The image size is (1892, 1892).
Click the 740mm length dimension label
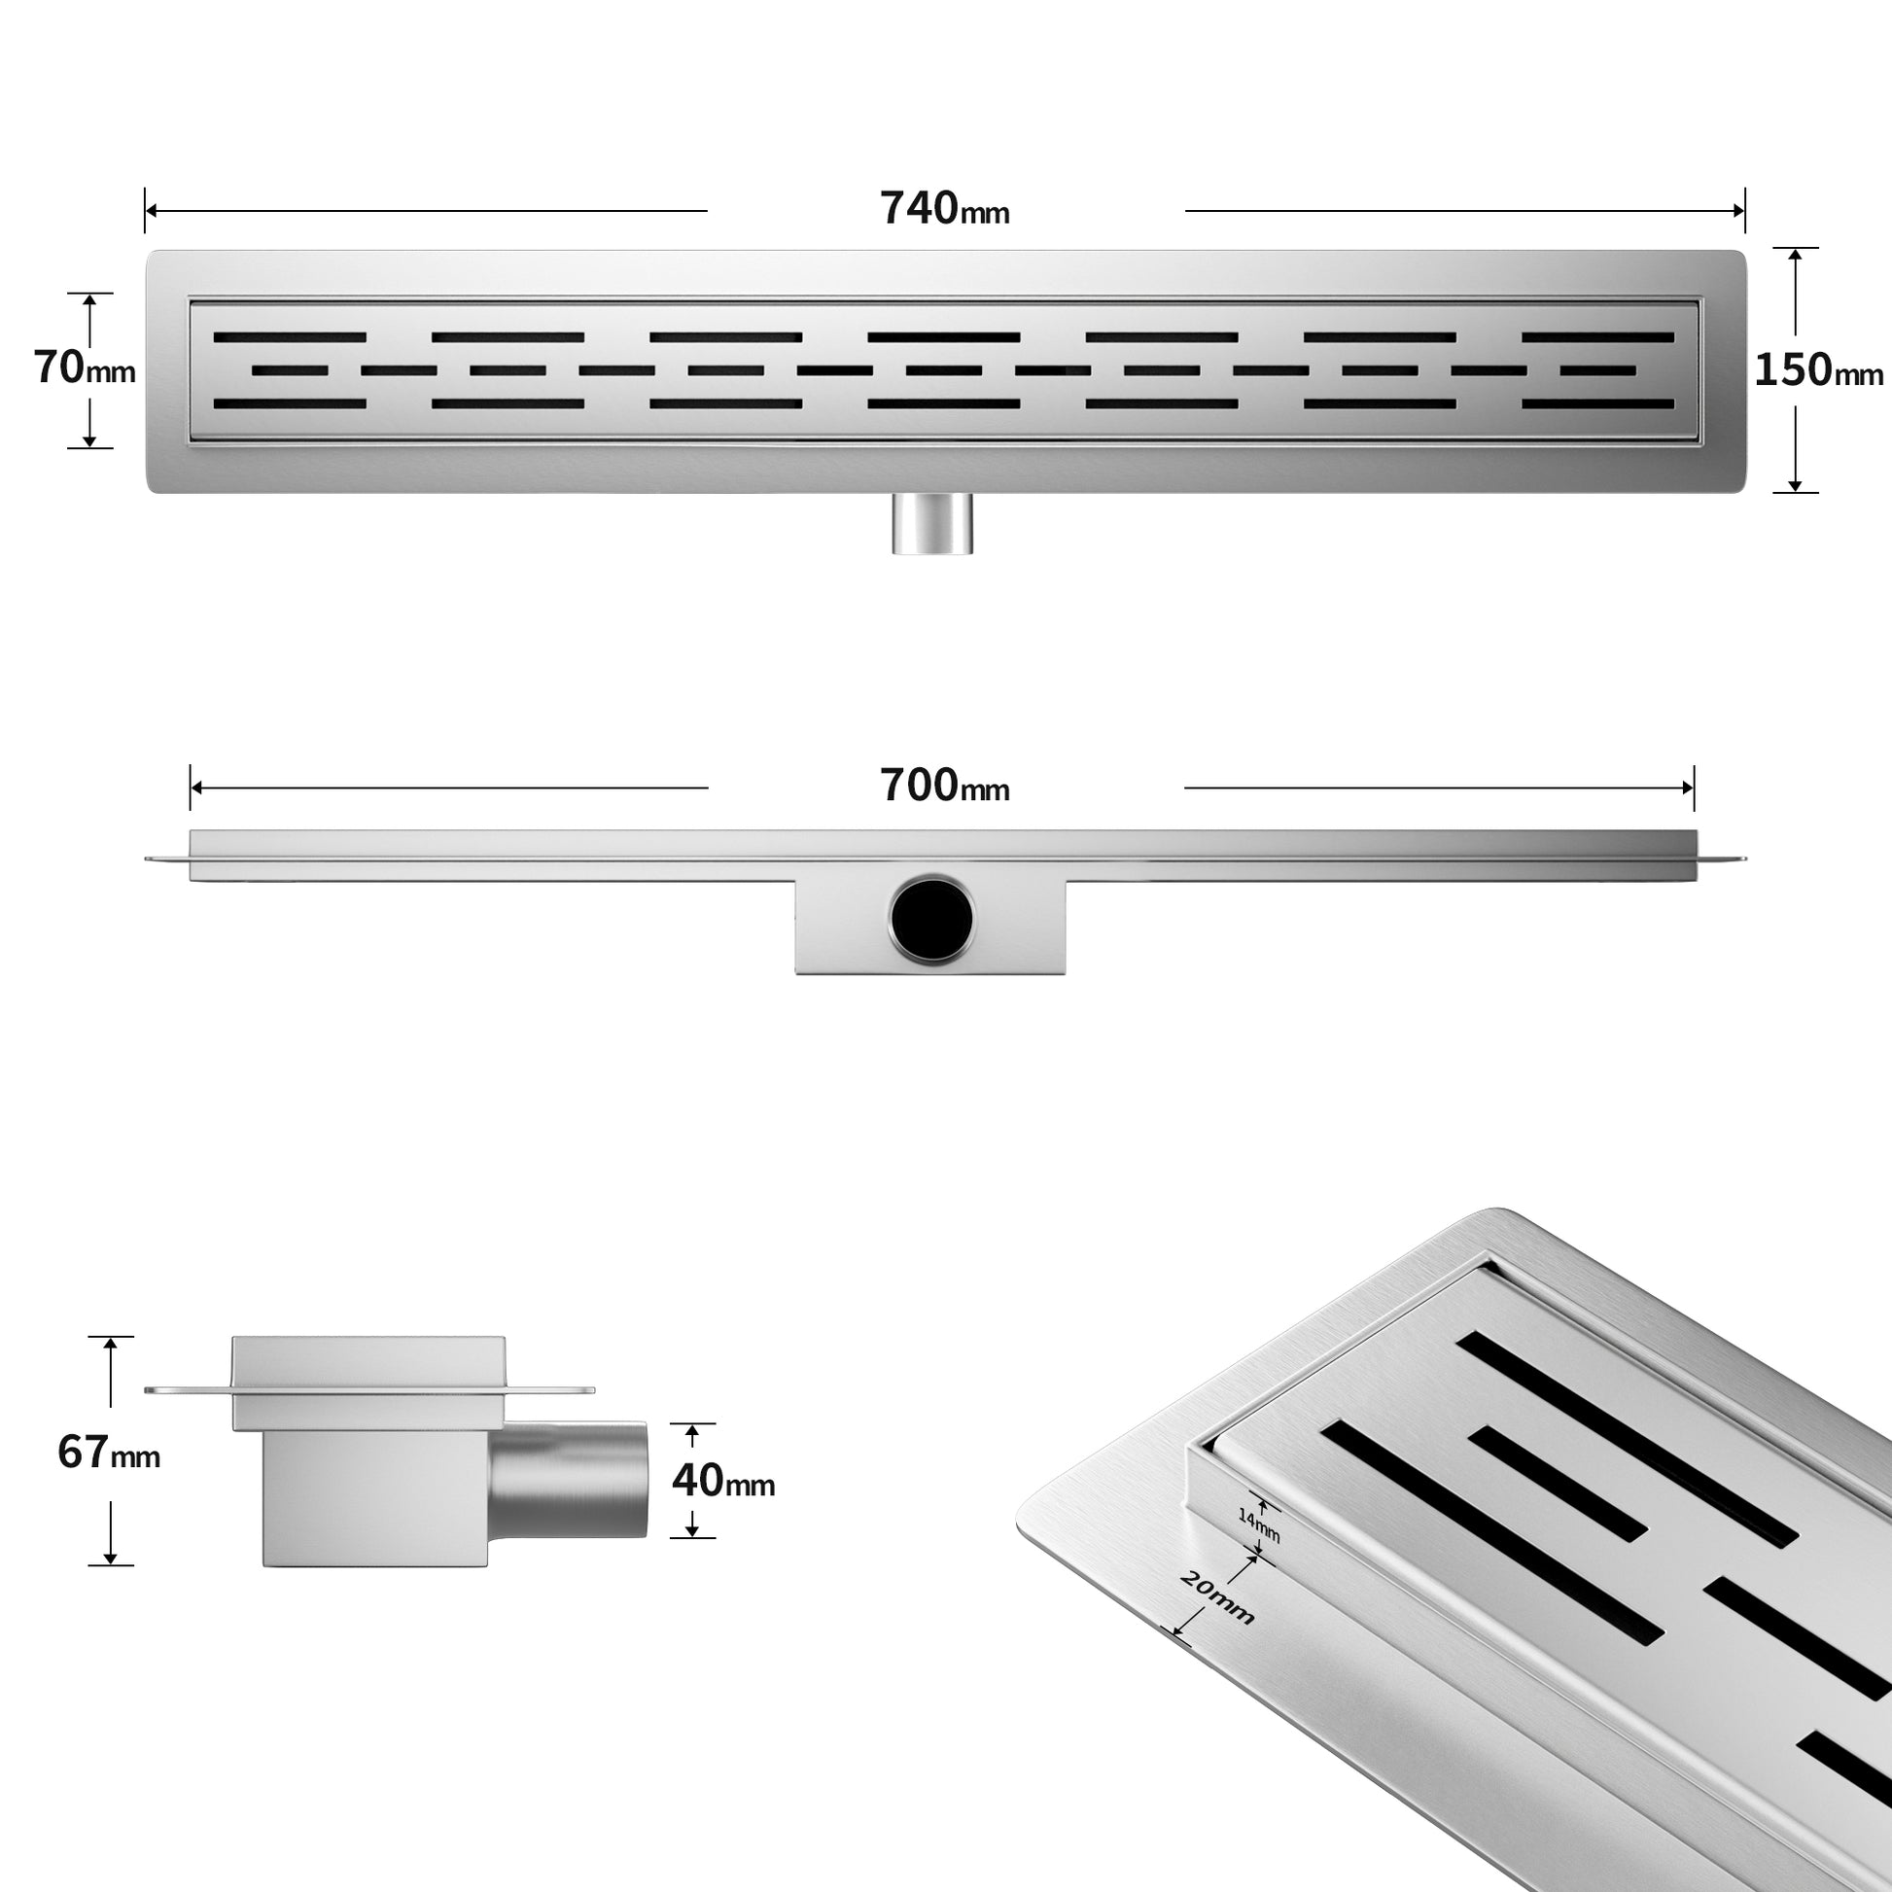click(944, 209)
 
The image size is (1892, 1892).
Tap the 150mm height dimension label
click(1818, 370)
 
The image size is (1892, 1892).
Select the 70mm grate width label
click(85, 368)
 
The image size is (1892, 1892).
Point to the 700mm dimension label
click(944, 786)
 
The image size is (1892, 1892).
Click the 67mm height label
click(109, 1453)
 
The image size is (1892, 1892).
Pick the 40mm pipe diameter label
click(722, 1480)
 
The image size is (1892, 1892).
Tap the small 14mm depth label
click(1258, 1524)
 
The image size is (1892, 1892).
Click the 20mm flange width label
click(1216, 1598)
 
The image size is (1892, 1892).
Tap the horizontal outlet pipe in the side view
click(568, 1480)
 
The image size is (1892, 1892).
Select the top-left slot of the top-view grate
click(290, 336)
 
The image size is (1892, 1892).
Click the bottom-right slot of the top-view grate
click(1597, 403)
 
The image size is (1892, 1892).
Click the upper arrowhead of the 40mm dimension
click(693, 1433)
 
